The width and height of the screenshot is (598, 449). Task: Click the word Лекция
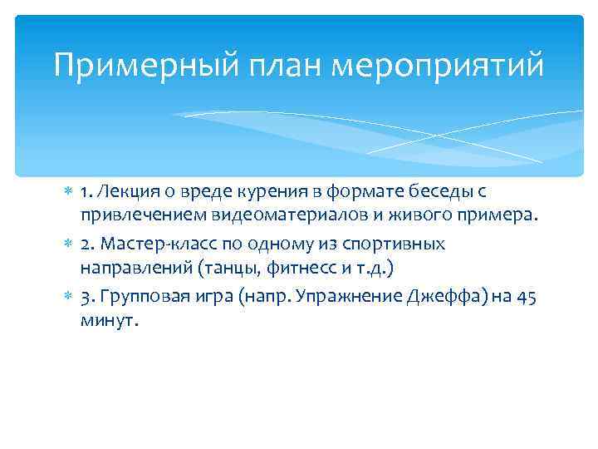click(x=124, y=192)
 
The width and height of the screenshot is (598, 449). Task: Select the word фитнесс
click(x=305, y=270)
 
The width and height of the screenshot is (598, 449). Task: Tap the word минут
click(x=105, y=323)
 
